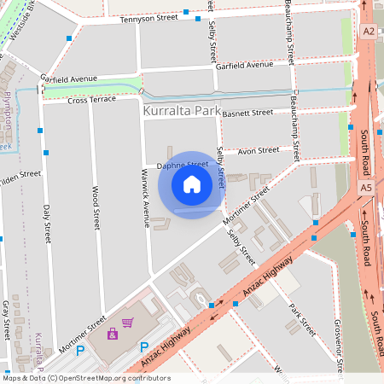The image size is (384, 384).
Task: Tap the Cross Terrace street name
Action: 90,100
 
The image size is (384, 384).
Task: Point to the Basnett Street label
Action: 247,112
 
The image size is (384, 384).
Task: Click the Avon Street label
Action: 258,151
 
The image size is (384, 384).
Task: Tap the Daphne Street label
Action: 182,164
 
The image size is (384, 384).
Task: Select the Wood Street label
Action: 95,209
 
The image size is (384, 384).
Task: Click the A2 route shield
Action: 368,31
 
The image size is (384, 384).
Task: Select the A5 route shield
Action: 366,187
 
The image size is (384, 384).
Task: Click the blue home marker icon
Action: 192,184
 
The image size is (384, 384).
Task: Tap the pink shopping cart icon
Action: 127,323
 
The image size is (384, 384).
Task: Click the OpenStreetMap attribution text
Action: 85,378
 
